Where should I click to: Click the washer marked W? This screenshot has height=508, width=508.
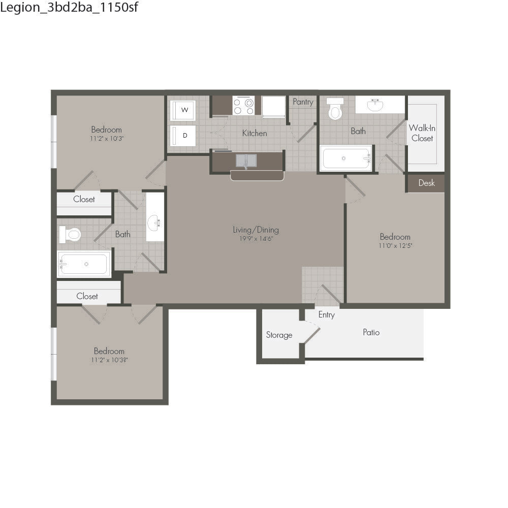pos(183,110)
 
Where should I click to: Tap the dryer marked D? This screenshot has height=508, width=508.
pos(183,136)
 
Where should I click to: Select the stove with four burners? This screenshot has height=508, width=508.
pos(244,105)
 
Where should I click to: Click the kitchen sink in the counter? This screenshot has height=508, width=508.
pos(246,161)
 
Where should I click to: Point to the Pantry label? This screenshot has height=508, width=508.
pos(303,102)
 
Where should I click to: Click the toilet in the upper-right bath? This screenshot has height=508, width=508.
pos(335,109)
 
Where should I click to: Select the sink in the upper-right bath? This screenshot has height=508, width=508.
pos(375,105)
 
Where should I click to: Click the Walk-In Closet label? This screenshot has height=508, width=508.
pos(422,133)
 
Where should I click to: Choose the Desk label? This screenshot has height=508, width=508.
pos(426,183)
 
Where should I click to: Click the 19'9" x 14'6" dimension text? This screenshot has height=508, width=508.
pos(256,239)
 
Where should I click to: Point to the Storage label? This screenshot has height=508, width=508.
pos(279,335)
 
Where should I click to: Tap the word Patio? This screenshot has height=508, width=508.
pos(371,332)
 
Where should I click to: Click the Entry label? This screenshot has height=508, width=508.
pos(326,315)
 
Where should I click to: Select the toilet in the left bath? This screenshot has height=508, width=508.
pos(70,235)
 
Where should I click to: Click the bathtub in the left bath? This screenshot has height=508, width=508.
pos(84,264)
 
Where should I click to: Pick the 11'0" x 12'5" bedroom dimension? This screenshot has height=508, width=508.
pos(395,245)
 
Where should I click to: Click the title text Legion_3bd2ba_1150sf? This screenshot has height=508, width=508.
pos(69,7)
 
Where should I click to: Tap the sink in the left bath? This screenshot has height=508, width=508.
pos(154,223)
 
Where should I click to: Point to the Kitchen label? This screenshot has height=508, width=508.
pos(255,133)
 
